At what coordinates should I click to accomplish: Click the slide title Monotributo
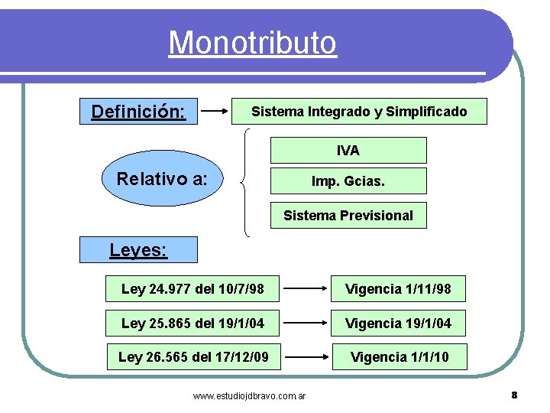coord(252,42)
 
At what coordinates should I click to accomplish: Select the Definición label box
coord(138,112)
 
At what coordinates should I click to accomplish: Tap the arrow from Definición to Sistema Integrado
coord(217,112)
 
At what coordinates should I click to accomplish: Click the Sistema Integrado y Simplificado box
coord(359,112)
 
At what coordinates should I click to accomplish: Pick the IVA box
coord(348,151)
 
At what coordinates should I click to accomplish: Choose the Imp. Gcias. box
coord(348,182)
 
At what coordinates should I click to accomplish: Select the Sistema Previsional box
coord(348,216)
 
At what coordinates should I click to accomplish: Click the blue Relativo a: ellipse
coord(160,180)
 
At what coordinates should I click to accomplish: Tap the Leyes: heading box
coord(138,249)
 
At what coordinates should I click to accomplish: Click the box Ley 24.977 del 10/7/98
coord(192,289)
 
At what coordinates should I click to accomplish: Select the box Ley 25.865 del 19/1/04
coord(192,323)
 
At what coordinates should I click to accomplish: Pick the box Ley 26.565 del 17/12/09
coord(192,356)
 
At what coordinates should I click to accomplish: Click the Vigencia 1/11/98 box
coord(399,289)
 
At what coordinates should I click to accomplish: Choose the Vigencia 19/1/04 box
coord(399,323)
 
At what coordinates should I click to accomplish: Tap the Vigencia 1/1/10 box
coord(399,356)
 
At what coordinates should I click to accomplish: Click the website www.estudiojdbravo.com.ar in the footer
coord(250,396)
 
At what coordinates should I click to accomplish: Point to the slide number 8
coord(514,395)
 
